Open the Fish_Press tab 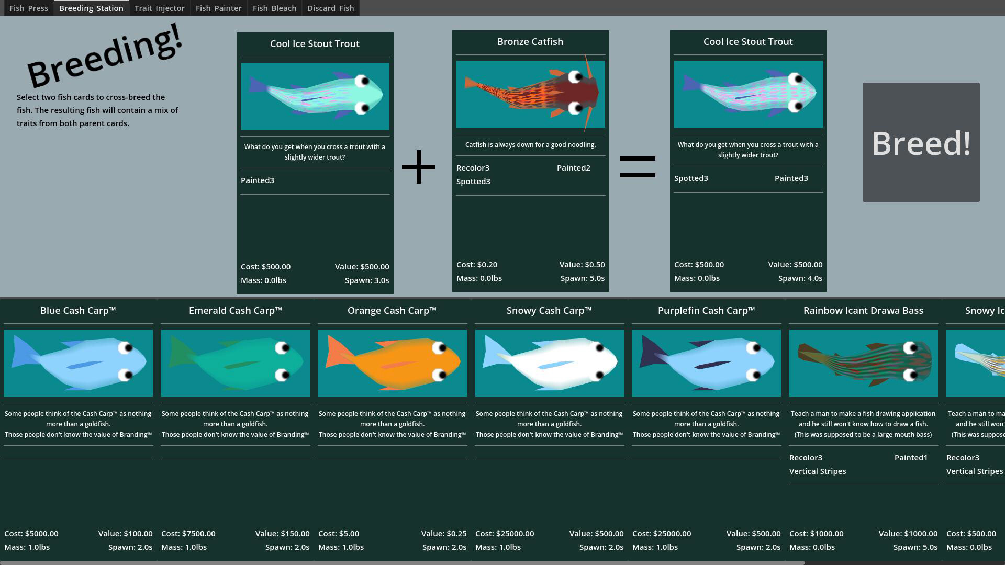[x=29, y=8]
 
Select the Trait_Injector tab [x=160, y=8]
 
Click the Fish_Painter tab [x=219, y=8]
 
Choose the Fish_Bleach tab [x=274, y=8]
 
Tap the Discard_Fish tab [x=331, y=8]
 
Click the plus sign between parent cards [x=419, y=167]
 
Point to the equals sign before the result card [x=638, y=167]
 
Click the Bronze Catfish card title [x=530, y=42]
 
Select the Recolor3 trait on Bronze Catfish [x=473, y=168]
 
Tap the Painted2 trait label [x=574, y=168]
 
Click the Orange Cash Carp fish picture [x=393, y=363]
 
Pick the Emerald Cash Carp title [x=236, y=311]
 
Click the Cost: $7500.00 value [x=188, y=534]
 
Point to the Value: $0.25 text [x=444, y=534]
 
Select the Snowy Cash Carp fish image [x=550, y=363]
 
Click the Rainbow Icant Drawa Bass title [x=863, y=311]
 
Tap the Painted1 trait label [x=911, y=458]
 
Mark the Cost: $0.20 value [x=477, y=265]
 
